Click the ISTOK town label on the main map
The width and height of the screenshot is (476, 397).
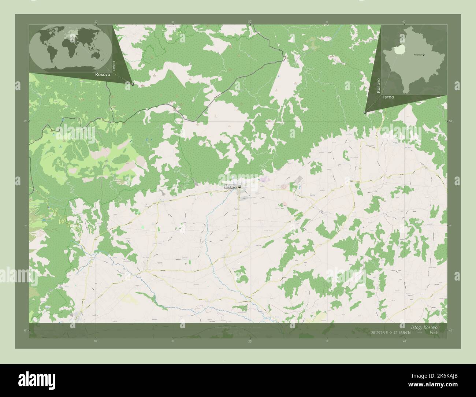pyautogui.click(x=230, y=187)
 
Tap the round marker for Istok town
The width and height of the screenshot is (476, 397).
pyautogui.click(x=239, y=187)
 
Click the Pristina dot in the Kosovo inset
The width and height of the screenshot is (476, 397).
pyautogui.click(x=424, y=55)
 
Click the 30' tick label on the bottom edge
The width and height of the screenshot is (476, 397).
pyautogui.click(x=250, y=341)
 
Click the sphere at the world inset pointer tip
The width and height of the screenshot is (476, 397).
pyautogui.click(x=133, y=84)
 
